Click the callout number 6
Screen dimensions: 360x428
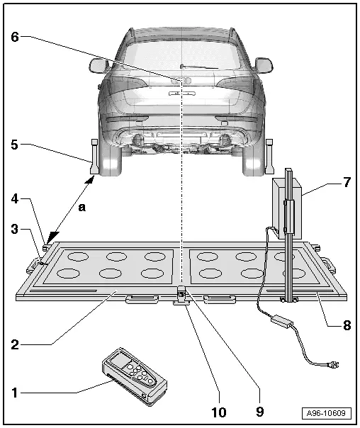[x=15, y=37]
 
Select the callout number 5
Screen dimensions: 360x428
[x=14, y=145]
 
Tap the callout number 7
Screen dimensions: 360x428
[x=347, y=182]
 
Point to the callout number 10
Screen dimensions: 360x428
[x=219, y=412]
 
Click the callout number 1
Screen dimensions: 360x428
[x=14, y=393]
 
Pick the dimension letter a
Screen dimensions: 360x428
[x=82, y=208]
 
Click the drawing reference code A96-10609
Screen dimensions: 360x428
[x=326, y=413]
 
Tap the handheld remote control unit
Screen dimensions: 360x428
[x=134, y=377]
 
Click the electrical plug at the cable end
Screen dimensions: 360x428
[x=333, y=364]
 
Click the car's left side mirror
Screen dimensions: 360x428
[x=98, y=65]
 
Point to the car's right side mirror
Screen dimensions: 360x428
[x=264, y=65]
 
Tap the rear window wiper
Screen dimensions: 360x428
[x=199, y=67]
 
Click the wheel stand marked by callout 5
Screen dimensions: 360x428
[x=94, y=157]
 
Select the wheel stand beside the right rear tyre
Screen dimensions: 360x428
[x=269, y=157]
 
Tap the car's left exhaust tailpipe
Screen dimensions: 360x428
[x=138, y=140]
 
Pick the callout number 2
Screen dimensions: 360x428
[x=15, y=345]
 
